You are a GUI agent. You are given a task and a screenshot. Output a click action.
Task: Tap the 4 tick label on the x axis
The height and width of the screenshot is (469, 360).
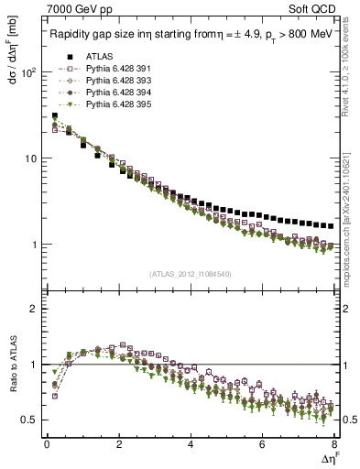(191, 444)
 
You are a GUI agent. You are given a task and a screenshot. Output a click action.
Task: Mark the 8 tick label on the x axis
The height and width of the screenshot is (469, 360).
(333, 444)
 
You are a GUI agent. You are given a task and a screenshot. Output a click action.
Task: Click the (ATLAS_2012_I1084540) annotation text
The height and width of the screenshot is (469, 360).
(191, 274)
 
